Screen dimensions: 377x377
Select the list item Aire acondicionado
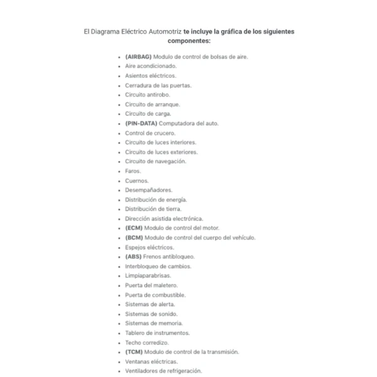[151, 66]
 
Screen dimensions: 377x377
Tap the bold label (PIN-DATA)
[141, 123]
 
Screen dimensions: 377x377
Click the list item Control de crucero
[150, 133]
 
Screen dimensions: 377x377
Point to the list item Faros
[133, 171]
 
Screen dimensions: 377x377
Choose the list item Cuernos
[136, 180]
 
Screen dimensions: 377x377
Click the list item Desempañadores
[148, 190]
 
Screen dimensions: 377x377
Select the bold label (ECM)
[134, 228]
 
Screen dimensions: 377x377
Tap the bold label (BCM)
[134, 238]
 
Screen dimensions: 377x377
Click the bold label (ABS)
[134, 256]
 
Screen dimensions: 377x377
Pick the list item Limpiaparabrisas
[148, 276]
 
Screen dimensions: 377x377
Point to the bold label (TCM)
[134, 352]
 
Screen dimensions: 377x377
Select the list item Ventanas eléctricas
[151, 361]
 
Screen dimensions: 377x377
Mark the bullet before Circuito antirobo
[119, 95]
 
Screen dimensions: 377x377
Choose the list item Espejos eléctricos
[150, 247]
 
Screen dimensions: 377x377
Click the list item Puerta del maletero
[151, 285]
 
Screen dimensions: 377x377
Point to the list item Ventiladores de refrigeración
[163, 371]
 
